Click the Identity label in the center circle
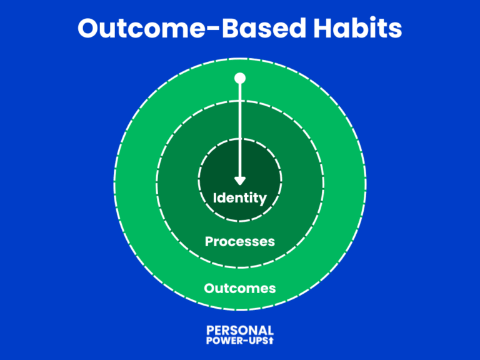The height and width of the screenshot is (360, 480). tap(240, 199)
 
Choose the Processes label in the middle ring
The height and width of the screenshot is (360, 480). tap(240, 241)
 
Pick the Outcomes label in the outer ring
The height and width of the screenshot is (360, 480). tap(240, 288)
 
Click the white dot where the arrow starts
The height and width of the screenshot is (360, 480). tap(239, 78)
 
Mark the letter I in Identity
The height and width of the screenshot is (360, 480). tap(215, 198)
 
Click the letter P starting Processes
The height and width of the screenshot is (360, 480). tap(209, 241)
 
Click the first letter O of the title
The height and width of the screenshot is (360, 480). tap(90, 29)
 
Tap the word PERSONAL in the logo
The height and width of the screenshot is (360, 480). tap(240, 330)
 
